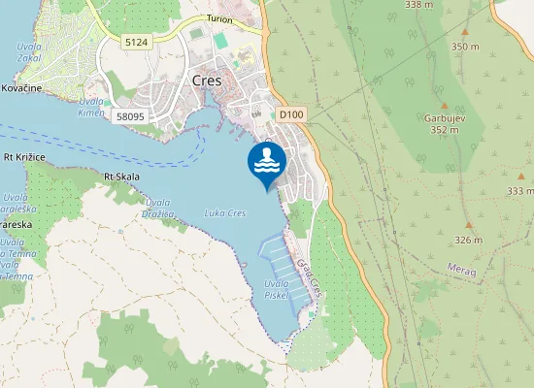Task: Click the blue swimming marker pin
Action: click(x=266, y=161)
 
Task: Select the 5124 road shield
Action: click(x=137, y=42)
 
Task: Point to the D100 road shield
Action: click(x=290, y=114)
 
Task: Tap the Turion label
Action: click(x=222, y=19)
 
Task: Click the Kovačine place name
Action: click(x=20, y=88)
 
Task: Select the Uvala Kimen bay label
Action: click(x=91, y=107)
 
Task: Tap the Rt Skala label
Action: click(x=122, y=177)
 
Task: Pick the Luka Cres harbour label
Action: click(x=224, y=212)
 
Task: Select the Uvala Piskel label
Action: click(x=276, y=289)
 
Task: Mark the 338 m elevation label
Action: click(x=418, y=5)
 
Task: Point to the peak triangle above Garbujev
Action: click(x=444, y=104)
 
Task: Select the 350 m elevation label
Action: click(x=465, y=46)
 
